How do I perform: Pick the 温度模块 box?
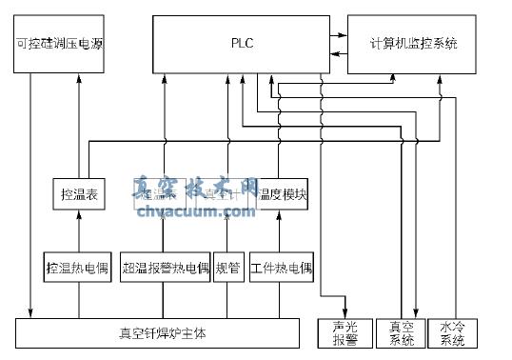coord(282,195)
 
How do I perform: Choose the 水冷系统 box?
coord(452,333)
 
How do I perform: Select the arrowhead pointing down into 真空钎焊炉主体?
coord(31,314)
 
